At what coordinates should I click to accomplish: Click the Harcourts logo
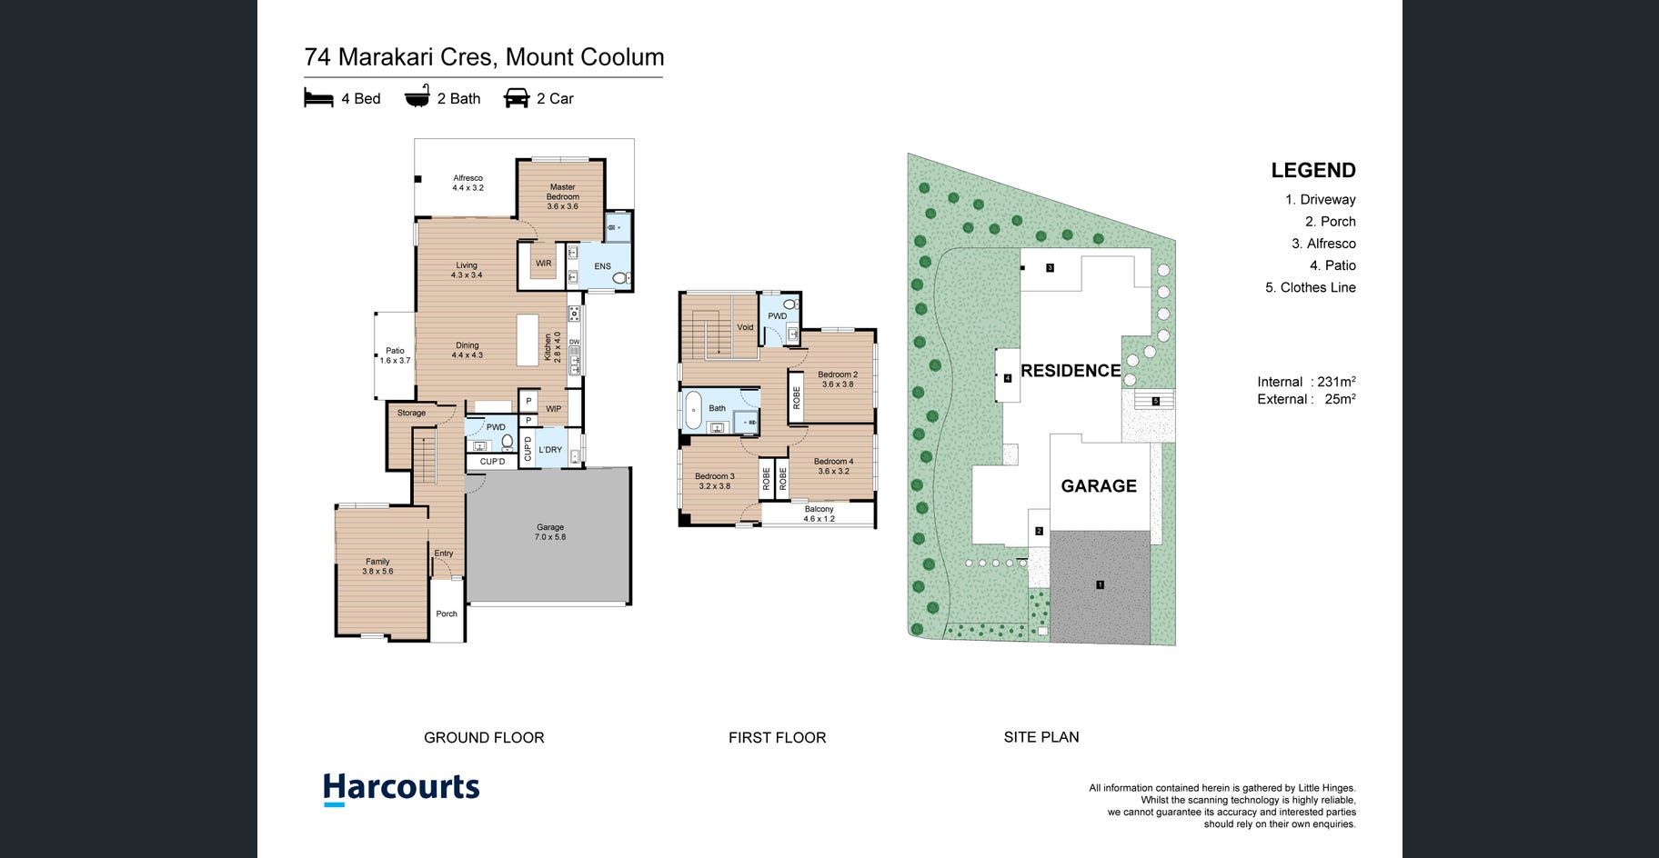click(401, 789)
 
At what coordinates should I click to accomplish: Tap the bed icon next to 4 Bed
click(318, 98)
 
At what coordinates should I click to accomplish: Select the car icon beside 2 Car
click(517, 98)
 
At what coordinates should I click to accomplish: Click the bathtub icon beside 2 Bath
click(417, 97)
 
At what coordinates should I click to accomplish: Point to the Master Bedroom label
click(563, 196)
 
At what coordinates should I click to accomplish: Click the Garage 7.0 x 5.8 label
click(550, 532)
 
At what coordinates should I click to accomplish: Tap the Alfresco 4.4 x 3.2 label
click(468, 183)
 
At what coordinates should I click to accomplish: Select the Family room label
click(377, 566)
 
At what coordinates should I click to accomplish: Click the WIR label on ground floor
click(543, 264)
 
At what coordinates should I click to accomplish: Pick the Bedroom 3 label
click(715, 481)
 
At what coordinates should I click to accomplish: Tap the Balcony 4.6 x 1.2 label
click(819, 514)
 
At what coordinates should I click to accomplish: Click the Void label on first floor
click(745, 327)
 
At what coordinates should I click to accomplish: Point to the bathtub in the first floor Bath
click(693, 411)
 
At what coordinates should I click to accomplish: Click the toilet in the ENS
click(621, 278)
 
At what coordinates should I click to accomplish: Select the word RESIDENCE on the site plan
click(1071, 371)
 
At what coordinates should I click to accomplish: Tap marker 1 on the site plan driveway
click(1100, 584)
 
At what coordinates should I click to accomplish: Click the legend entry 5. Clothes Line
click(1311, 287)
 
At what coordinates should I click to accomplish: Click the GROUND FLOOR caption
click(484, 738)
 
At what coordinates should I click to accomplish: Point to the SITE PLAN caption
click(1041, 737)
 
